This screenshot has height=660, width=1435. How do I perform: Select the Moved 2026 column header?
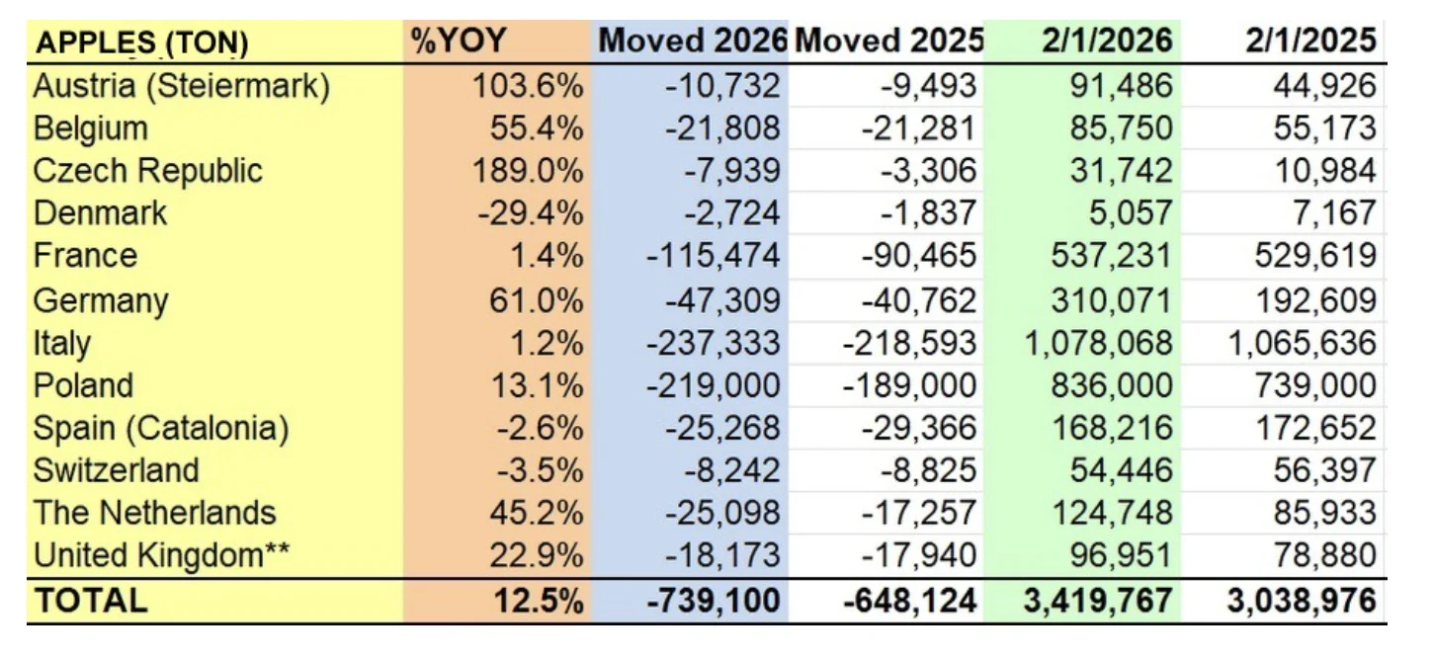tap(692, 41)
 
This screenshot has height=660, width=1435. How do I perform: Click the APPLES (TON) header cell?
tap(141, 42)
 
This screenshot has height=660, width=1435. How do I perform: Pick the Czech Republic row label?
tap(148, 171)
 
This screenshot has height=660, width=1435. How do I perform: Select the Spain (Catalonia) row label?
tap(161, 428)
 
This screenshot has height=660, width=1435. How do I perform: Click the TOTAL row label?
tap(90, 600)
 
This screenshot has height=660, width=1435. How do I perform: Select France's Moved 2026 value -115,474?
tap(713, 256)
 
